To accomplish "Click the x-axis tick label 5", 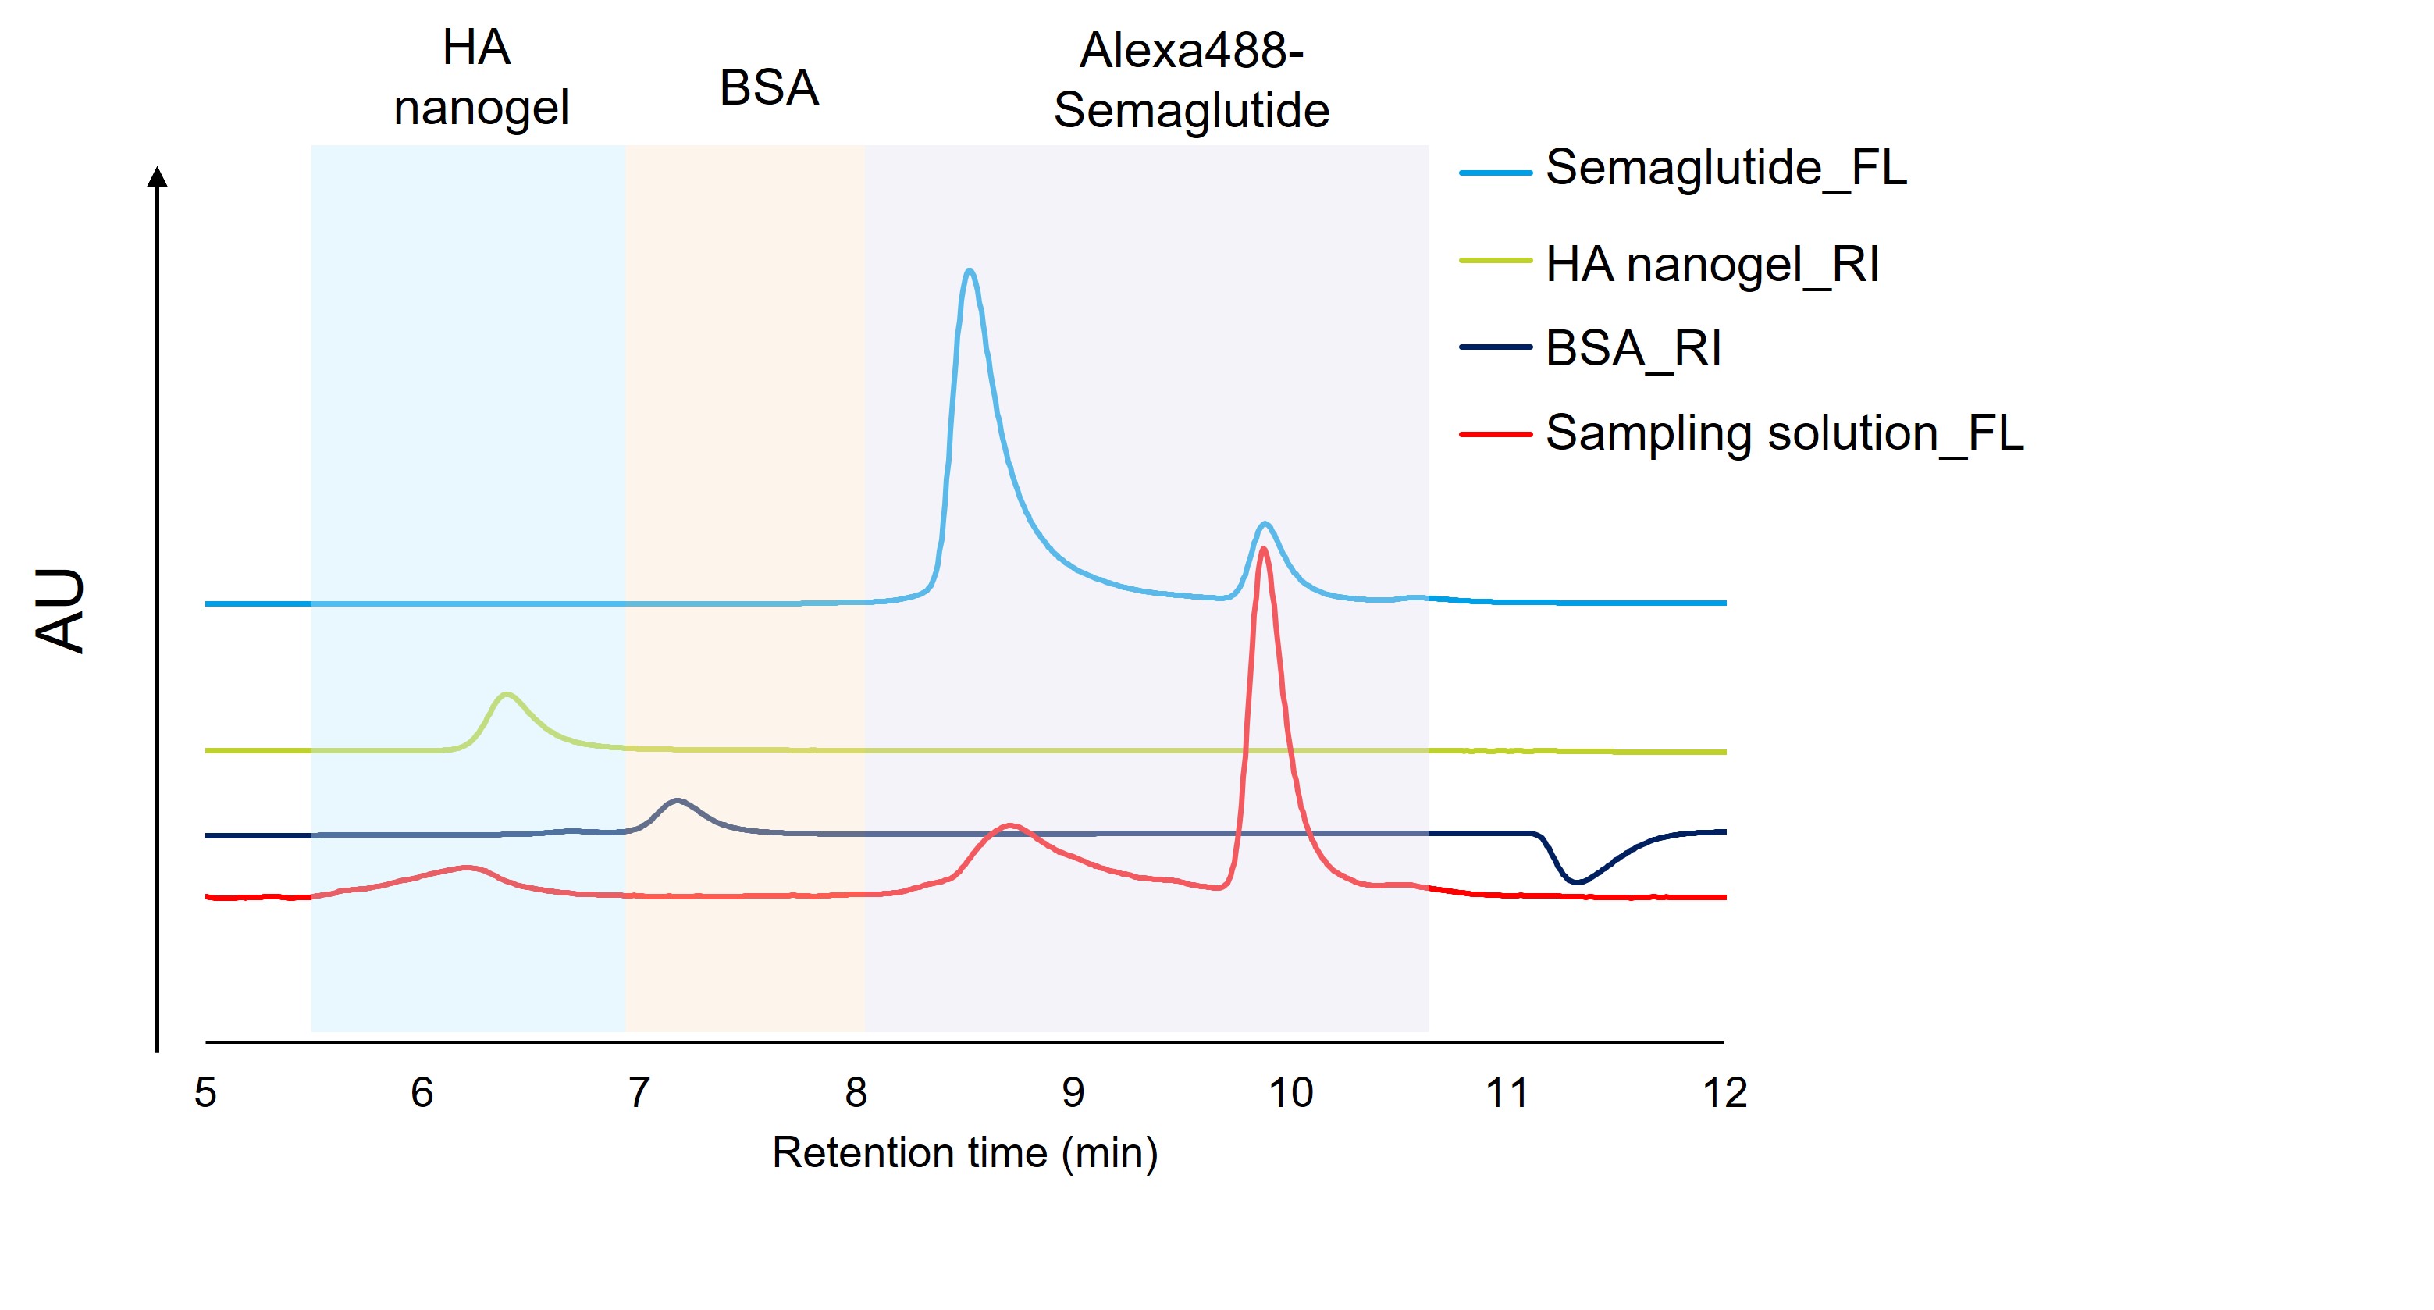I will click(x=206, y=1093).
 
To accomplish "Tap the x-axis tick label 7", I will click(x=639, y=1093).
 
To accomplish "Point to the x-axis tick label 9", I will click(x=1073, y=1093).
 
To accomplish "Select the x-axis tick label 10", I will click(x=1290, y=1093).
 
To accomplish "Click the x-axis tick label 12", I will click(x=1724, y=1093).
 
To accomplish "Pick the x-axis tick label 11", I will click(x=1507, y=1093).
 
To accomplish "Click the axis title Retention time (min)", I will click(x=965, y=1153).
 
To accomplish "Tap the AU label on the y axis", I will click(x=60, y=610).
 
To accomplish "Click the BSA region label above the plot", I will click(x=768, y=88).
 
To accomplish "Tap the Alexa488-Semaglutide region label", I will click(x=1191, y=80).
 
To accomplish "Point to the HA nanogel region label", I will click(x=480, y=77).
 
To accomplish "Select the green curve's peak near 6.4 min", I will click(x=507, y=695).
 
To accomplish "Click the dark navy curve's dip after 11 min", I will click(x=1576, y=881).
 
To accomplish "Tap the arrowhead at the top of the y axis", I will click(x=158, y=176).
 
